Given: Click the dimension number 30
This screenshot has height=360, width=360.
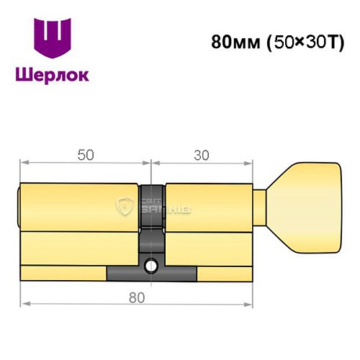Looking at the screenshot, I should coord(202,155).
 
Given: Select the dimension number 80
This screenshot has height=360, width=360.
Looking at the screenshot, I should coord(137,297).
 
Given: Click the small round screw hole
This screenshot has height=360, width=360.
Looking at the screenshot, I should coord(151,267).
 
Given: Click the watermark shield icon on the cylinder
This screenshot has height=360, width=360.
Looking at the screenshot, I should coord(127,207).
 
